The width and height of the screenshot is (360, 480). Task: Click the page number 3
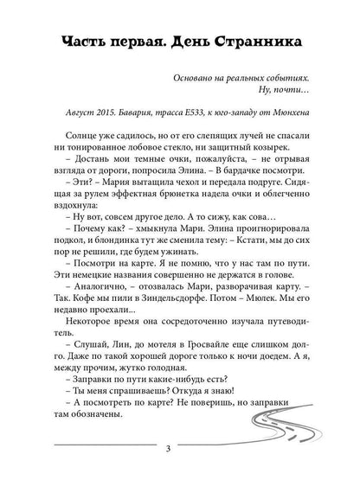click(179, 451)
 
